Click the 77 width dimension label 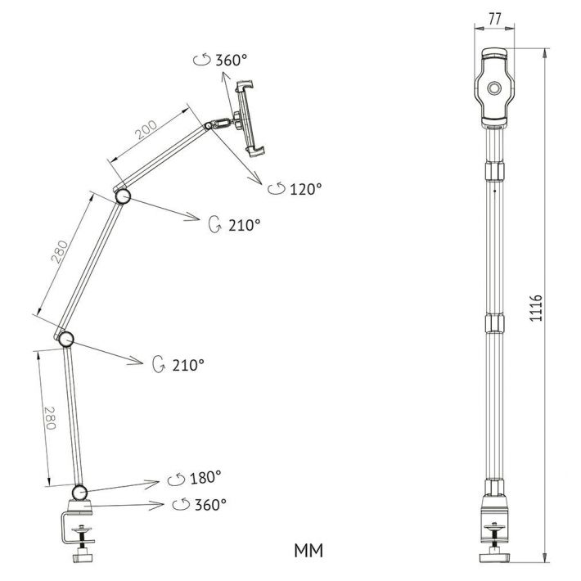494,19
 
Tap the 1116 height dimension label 536,309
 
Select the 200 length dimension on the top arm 146,129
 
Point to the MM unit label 309,551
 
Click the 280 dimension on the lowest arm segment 50,418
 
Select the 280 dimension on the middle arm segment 59,252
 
